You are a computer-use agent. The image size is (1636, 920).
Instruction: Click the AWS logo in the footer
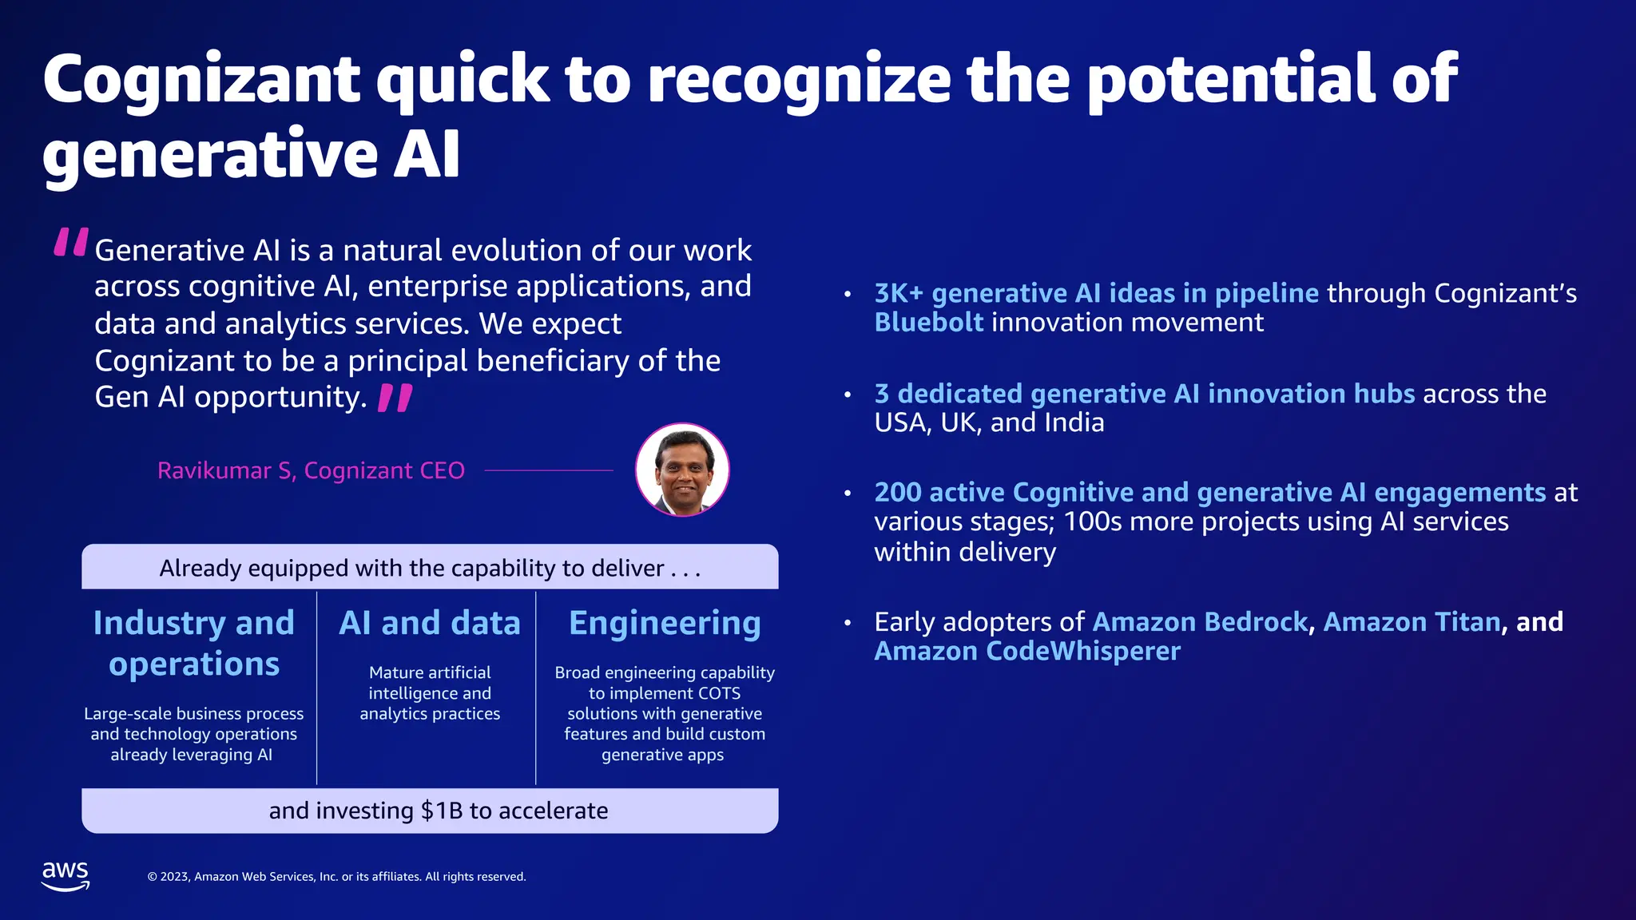[x=66, y=875]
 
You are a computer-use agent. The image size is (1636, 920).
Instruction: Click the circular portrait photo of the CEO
[x=682, y=470]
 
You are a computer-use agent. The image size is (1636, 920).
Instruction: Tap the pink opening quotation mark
[x=70, y=242]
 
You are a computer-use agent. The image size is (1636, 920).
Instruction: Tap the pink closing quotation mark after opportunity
[x=395, y=398]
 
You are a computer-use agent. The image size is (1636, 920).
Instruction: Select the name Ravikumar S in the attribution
[x=226, y=470]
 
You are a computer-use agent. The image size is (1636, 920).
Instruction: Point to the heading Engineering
[x=665, y=623]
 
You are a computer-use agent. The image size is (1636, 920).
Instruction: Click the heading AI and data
[x=430, y=623]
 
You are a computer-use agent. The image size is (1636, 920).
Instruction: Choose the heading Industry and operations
[x=194, y=643]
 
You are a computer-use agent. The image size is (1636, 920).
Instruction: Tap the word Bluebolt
[x=928, y=323]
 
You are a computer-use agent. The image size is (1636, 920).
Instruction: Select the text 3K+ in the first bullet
[x=899, y=293]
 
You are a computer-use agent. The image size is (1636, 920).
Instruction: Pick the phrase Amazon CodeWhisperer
[x=1027, y=651]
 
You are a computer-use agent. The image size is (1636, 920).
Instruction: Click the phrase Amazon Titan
[x=1412, y=621]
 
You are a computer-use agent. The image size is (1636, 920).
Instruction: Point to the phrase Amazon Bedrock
[x=1200, y=621]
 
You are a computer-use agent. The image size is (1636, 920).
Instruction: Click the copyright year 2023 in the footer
[x=175, y=877]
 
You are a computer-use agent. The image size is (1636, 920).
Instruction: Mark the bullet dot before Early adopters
[x=848, y=623]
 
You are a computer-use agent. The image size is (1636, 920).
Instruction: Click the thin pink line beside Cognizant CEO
[x=549, y=470]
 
